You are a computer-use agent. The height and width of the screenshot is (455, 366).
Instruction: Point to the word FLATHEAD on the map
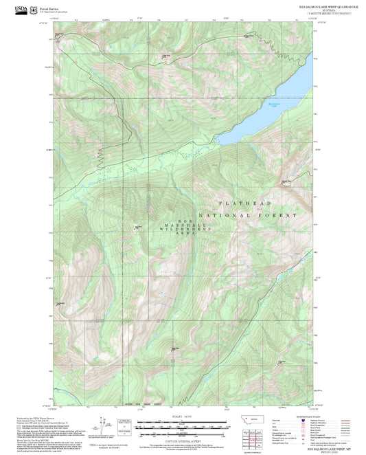click(x=245, y=204)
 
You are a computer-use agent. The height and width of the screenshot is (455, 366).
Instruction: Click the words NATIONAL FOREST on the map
click(x=258, y=215)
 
